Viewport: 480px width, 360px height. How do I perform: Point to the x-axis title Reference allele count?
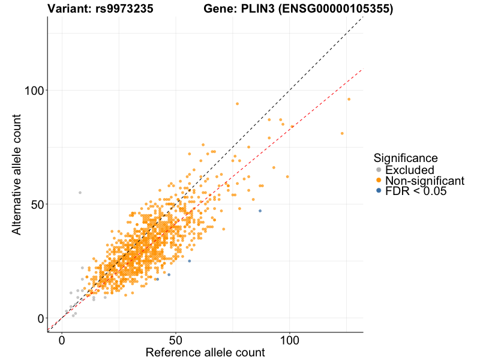click(x=205, y=352)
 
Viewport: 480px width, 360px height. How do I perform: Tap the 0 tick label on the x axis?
click(x=62, y=340)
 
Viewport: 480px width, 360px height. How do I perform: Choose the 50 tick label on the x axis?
click(x=176, y=340)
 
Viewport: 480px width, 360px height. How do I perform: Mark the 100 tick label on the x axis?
click(x=290, y=340)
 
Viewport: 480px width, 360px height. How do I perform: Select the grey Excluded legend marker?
click(x=378, y=170)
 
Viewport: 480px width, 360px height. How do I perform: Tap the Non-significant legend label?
click(x=425, y=181)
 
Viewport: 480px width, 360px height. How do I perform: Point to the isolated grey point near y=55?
click(x=80, y=193)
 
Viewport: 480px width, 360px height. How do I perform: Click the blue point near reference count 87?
click(x=260, y=211)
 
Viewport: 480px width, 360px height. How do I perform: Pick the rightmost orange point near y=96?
click(x=349, y=99)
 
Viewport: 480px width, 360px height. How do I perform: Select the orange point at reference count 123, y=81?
click(x=342, y=133)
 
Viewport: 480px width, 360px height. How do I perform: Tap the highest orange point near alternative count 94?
click(x=237, y=104)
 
